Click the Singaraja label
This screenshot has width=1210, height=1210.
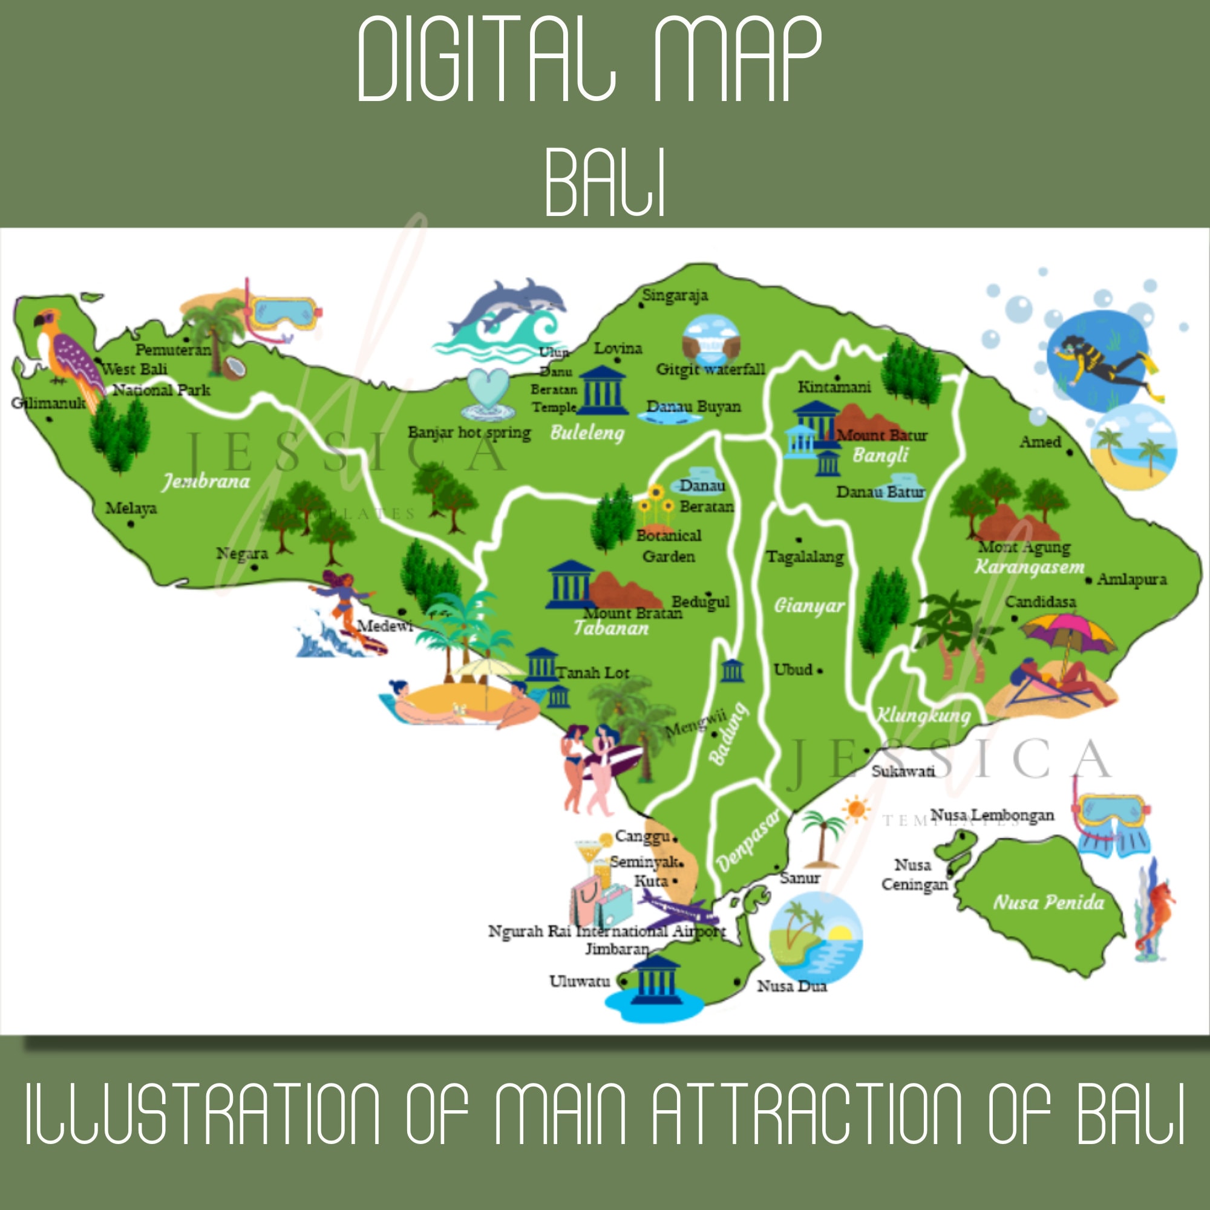coord(675,295)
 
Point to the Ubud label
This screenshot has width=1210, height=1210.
coord(793,670)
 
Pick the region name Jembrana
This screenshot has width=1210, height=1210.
coord(206,481)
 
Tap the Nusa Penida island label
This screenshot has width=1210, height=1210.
coord(1048,903)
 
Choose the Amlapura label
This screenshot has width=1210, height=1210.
coord(1132,580)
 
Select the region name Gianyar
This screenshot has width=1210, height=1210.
coord(809,606)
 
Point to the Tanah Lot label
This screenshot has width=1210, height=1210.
coord(592,673)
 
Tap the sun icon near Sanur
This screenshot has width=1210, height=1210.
coord(856,809)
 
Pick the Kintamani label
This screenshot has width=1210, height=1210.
coord(834,387)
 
